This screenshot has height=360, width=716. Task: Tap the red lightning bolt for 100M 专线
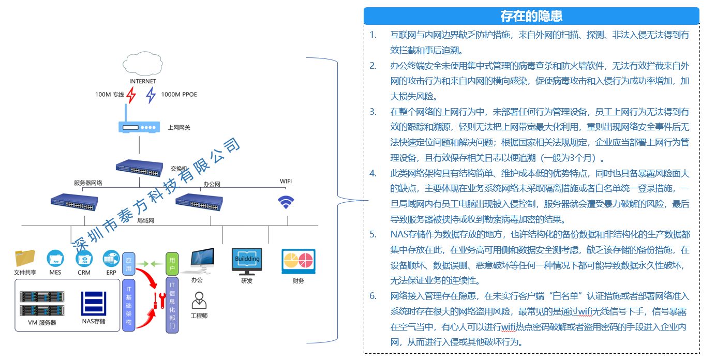coord(131,95)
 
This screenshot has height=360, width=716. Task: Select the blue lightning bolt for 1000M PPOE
coord(151,95)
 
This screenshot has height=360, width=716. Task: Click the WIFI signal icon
coord(286,202)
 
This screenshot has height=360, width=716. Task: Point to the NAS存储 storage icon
coord(94,303)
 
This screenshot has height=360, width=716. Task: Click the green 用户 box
coord(172,264)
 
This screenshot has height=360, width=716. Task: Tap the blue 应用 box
coord(128,264)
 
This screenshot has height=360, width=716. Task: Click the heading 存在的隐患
coord(531,16)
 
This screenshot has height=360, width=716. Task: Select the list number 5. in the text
coord(373,234)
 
